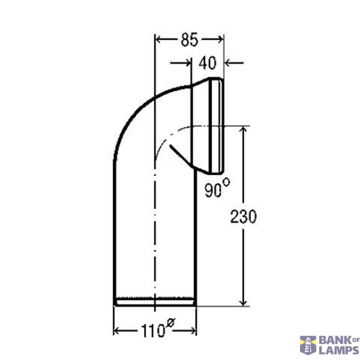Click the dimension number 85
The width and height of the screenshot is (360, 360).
[189, 40]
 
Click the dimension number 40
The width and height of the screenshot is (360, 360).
[208, 62]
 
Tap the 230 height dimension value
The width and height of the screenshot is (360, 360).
[243, 217]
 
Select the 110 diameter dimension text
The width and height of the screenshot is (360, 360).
[152, 331]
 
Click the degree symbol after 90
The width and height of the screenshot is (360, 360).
[226, 183]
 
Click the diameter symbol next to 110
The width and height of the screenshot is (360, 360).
[170, 323]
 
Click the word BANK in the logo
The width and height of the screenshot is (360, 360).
[334, 340]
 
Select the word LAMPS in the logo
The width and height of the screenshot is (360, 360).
[339, 350]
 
